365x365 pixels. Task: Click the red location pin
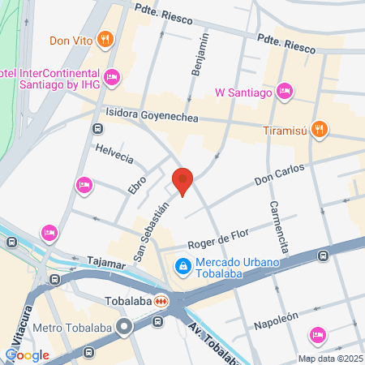coord(183,181)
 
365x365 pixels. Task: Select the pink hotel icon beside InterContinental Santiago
coord(112,77)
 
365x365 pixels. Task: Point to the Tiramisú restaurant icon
coord(320,128)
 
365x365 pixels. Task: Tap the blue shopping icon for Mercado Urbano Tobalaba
coord(183,265)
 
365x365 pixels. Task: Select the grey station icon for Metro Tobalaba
coord(124,328)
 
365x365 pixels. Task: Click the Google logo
coord(27,354)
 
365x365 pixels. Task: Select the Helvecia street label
coord(114,157)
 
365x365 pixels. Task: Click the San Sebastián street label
coord(152,233)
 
